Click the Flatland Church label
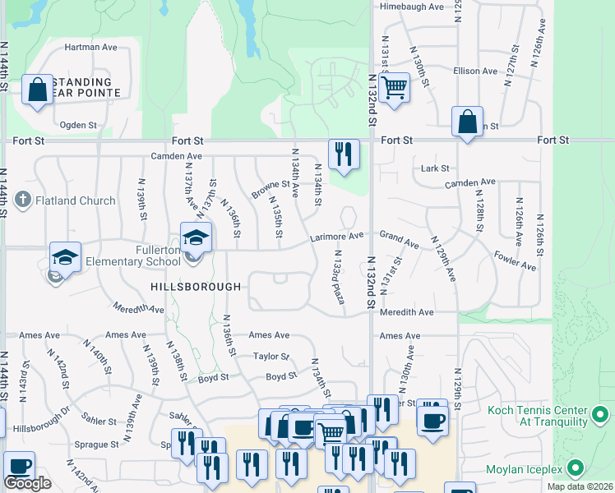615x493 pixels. click(x=75, y=200)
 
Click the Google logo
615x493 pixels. click(x=27, y=483)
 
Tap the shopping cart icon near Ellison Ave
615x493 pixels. click(x=395, y=85)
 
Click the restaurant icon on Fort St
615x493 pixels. click(x=344, y=153)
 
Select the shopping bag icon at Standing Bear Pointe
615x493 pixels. click(x=38, y=90)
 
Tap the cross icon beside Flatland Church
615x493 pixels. click(x=23, y=200)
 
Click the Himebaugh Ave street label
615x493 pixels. click(x=411, y=7)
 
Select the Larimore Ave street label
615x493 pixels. click(x=336, y=237)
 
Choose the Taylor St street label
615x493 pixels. click(x=271, y=357)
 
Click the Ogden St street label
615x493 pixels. click(x=79, y=126)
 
